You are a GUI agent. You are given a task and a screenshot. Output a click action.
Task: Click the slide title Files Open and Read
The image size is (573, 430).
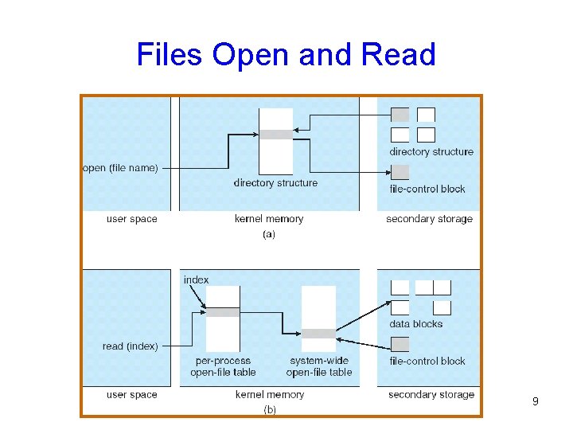286,54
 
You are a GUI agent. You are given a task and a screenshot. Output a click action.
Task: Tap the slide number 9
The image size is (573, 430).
536,402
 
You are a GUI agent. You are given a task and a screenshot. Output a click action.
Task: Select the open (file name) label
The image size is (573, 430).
120,168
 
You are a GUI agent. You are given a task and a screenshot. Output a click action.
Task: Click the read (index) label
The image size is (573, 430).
131,346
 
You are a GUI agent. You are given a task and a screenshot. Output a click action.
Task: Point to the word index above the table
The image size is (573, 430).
196,279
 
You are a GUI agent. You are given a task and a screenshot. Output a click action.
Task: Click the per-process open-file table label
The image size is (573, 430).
223,366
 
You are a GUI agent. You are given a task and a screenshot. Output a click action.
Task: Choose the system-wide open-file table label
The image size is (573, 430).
318,366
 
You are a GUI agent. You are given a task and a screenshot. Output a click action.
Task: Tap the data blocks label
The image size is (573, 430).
415,324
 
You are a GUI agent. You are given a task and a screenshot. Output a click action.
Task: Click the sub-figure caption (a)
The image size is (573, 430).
268,235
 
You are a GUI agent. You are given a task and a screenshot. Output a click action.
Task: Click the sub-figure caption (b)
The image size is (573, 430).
271,410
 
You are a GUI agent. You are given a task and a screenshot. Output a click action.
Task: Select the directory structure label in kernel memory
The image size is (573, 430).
275,183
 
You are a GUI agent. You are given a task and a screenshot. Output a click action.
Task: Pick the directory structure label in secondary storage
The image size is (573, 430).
431,151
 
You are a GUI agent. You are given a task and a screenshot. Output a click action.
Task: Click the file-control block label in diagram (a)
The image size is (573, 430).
427,189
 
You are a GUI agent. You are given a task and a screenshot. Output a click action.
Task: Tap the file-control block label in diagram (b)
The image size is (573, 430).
427,361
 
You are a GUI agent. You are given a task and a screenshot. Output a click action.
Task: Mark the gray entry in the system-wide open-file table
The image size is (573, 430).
318,334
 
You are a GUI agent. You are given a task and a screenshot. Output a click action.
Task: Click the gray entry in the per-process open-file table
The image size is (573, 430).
223,312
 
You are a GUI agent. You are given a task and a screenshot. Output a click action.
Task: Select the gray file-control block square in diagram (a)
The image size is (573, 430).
400,171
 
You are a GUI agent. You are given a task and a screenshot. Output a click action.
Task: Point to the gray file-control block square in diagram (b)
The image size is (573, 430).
400,344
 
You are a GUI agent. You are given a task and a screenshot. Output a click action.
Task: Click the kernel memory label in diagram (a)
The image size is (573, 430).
269,219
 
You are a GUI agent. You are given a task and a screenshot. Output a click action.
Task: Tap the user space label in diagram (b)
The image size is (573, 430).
132,394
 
